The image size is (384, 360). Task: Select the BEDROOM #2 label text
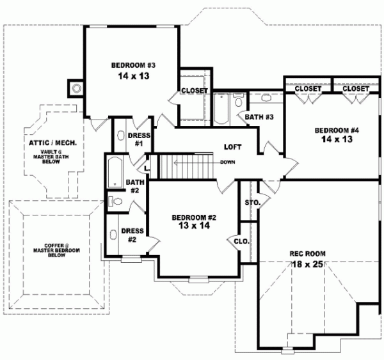[x=195, y=217]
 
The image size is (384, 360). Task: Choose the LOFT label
[x=232, y=146]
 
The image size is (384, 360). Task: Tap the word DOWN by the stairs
[x=227, y=162]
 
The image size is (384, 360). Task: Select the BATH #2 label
[x=134, y=186]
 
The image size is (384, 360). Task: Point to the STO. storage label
[x=252, y=203]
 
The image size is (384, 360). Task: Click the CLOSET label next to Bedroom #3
[x=194, y=91]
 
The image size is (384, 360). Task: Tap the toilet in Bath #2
[x=115, y=201]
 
